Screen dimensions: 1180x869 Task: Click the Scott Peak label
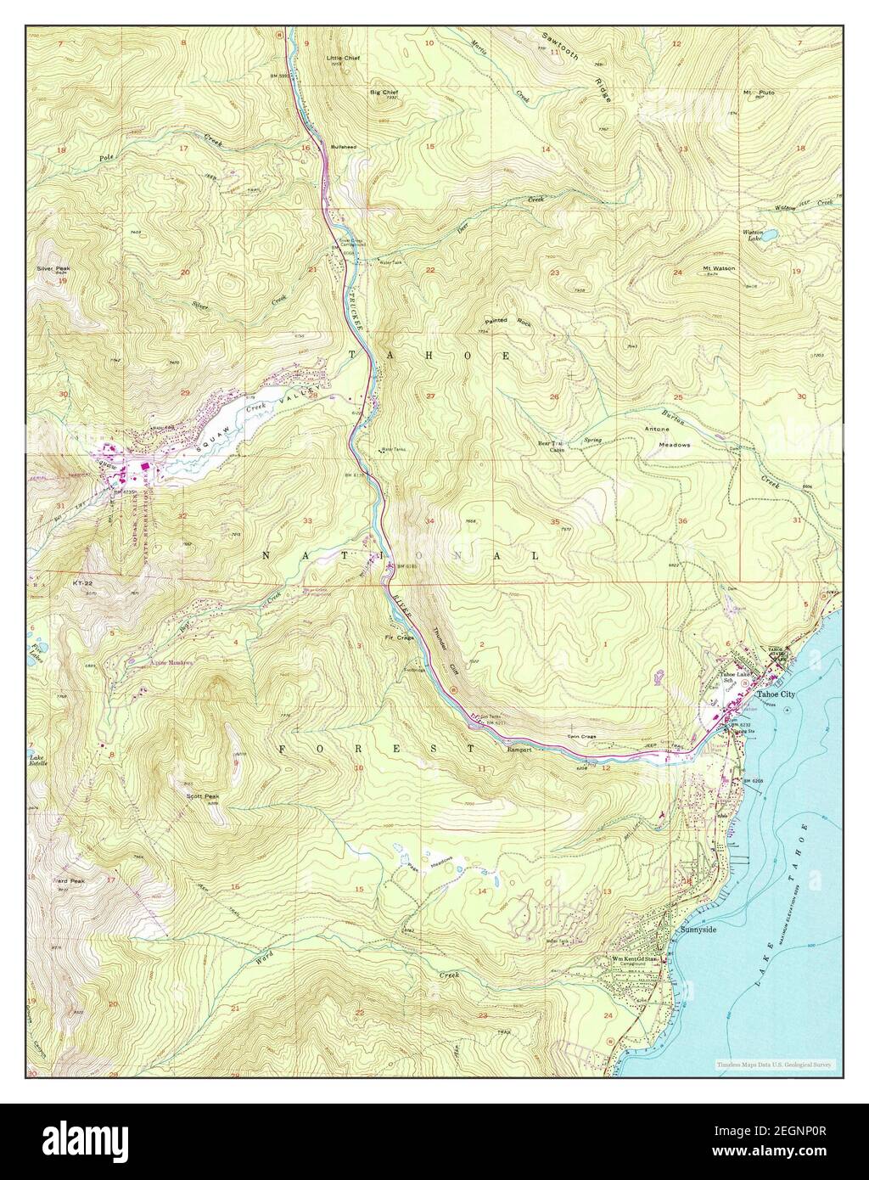[203, 796]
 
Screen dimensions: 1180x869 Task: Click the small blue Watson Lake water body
[772, 235]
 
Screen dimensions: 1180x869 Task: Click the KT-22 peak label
[82, 583]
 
